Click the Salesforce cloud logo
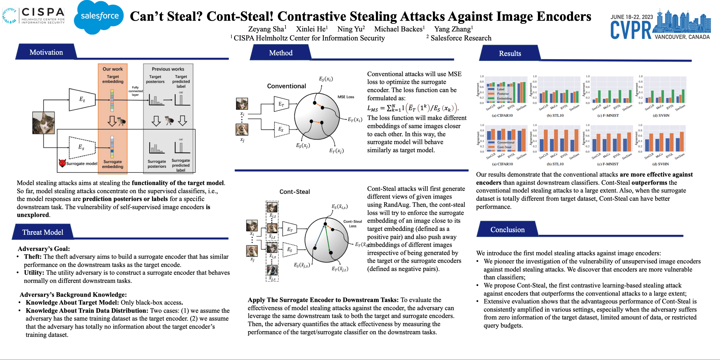point(99,17)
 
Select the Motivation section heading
point(46,52)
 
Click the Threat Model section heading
point(43,232)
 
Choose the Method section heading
point(281,53)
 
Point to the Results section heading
point(510,53)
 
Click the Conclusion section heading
point(507,230)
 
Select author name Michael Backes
point(398,29)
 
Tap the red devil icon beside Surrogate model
point(62,163)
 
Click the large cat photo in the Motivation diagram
point(44,123)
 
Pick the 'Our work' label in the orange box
point(113,69)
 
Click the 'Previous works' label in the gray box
point(168,69)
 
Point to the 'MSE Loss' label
point(346,97)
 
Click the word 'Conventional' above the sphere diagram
point(286,86)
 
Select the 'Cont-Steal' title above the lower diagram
point(295,192)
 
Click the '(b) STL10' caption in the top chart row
point(555,116)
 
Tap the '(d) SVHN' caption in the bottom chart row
point(660,164)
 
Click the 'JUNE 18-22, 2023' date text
point(632,17)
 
